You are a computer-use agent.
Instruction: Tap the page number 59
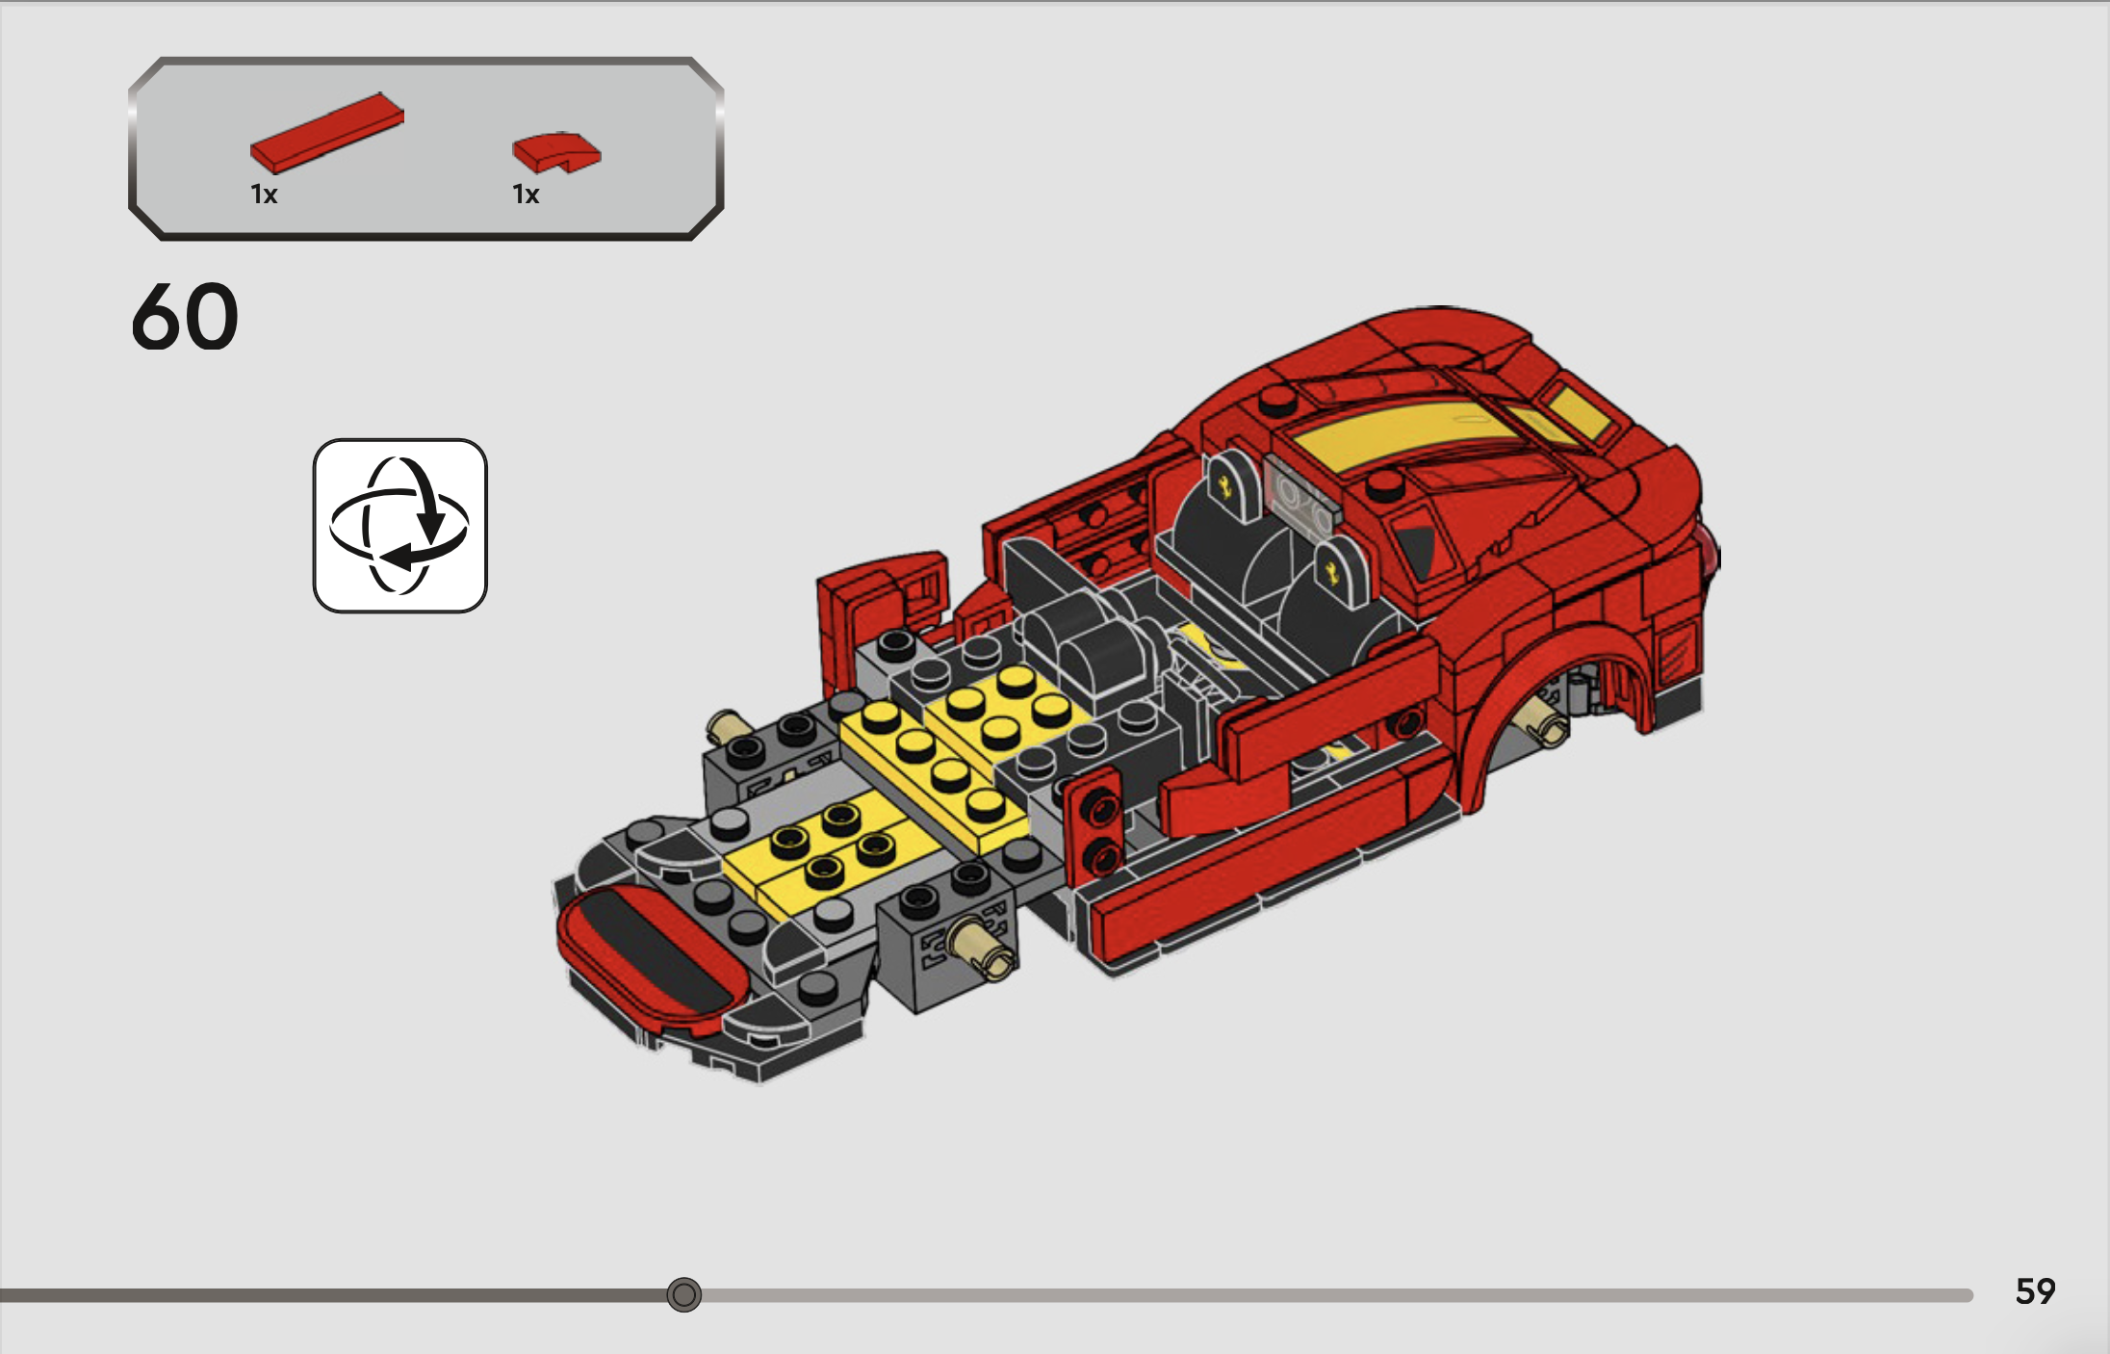(x=2035, y=1290)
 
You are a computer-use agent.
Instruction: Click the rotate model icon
(x=400, y=526)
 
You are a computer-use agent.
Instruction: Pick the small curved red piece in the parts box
(x=556, y=152)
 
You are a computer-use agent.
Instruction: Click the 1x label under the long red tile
(x=264, y=195)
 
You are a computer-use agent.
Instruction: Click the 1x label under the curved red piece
(x=526, y=195)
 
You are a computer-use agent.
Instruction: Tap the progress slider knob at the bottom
(x=684, y=1294)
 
